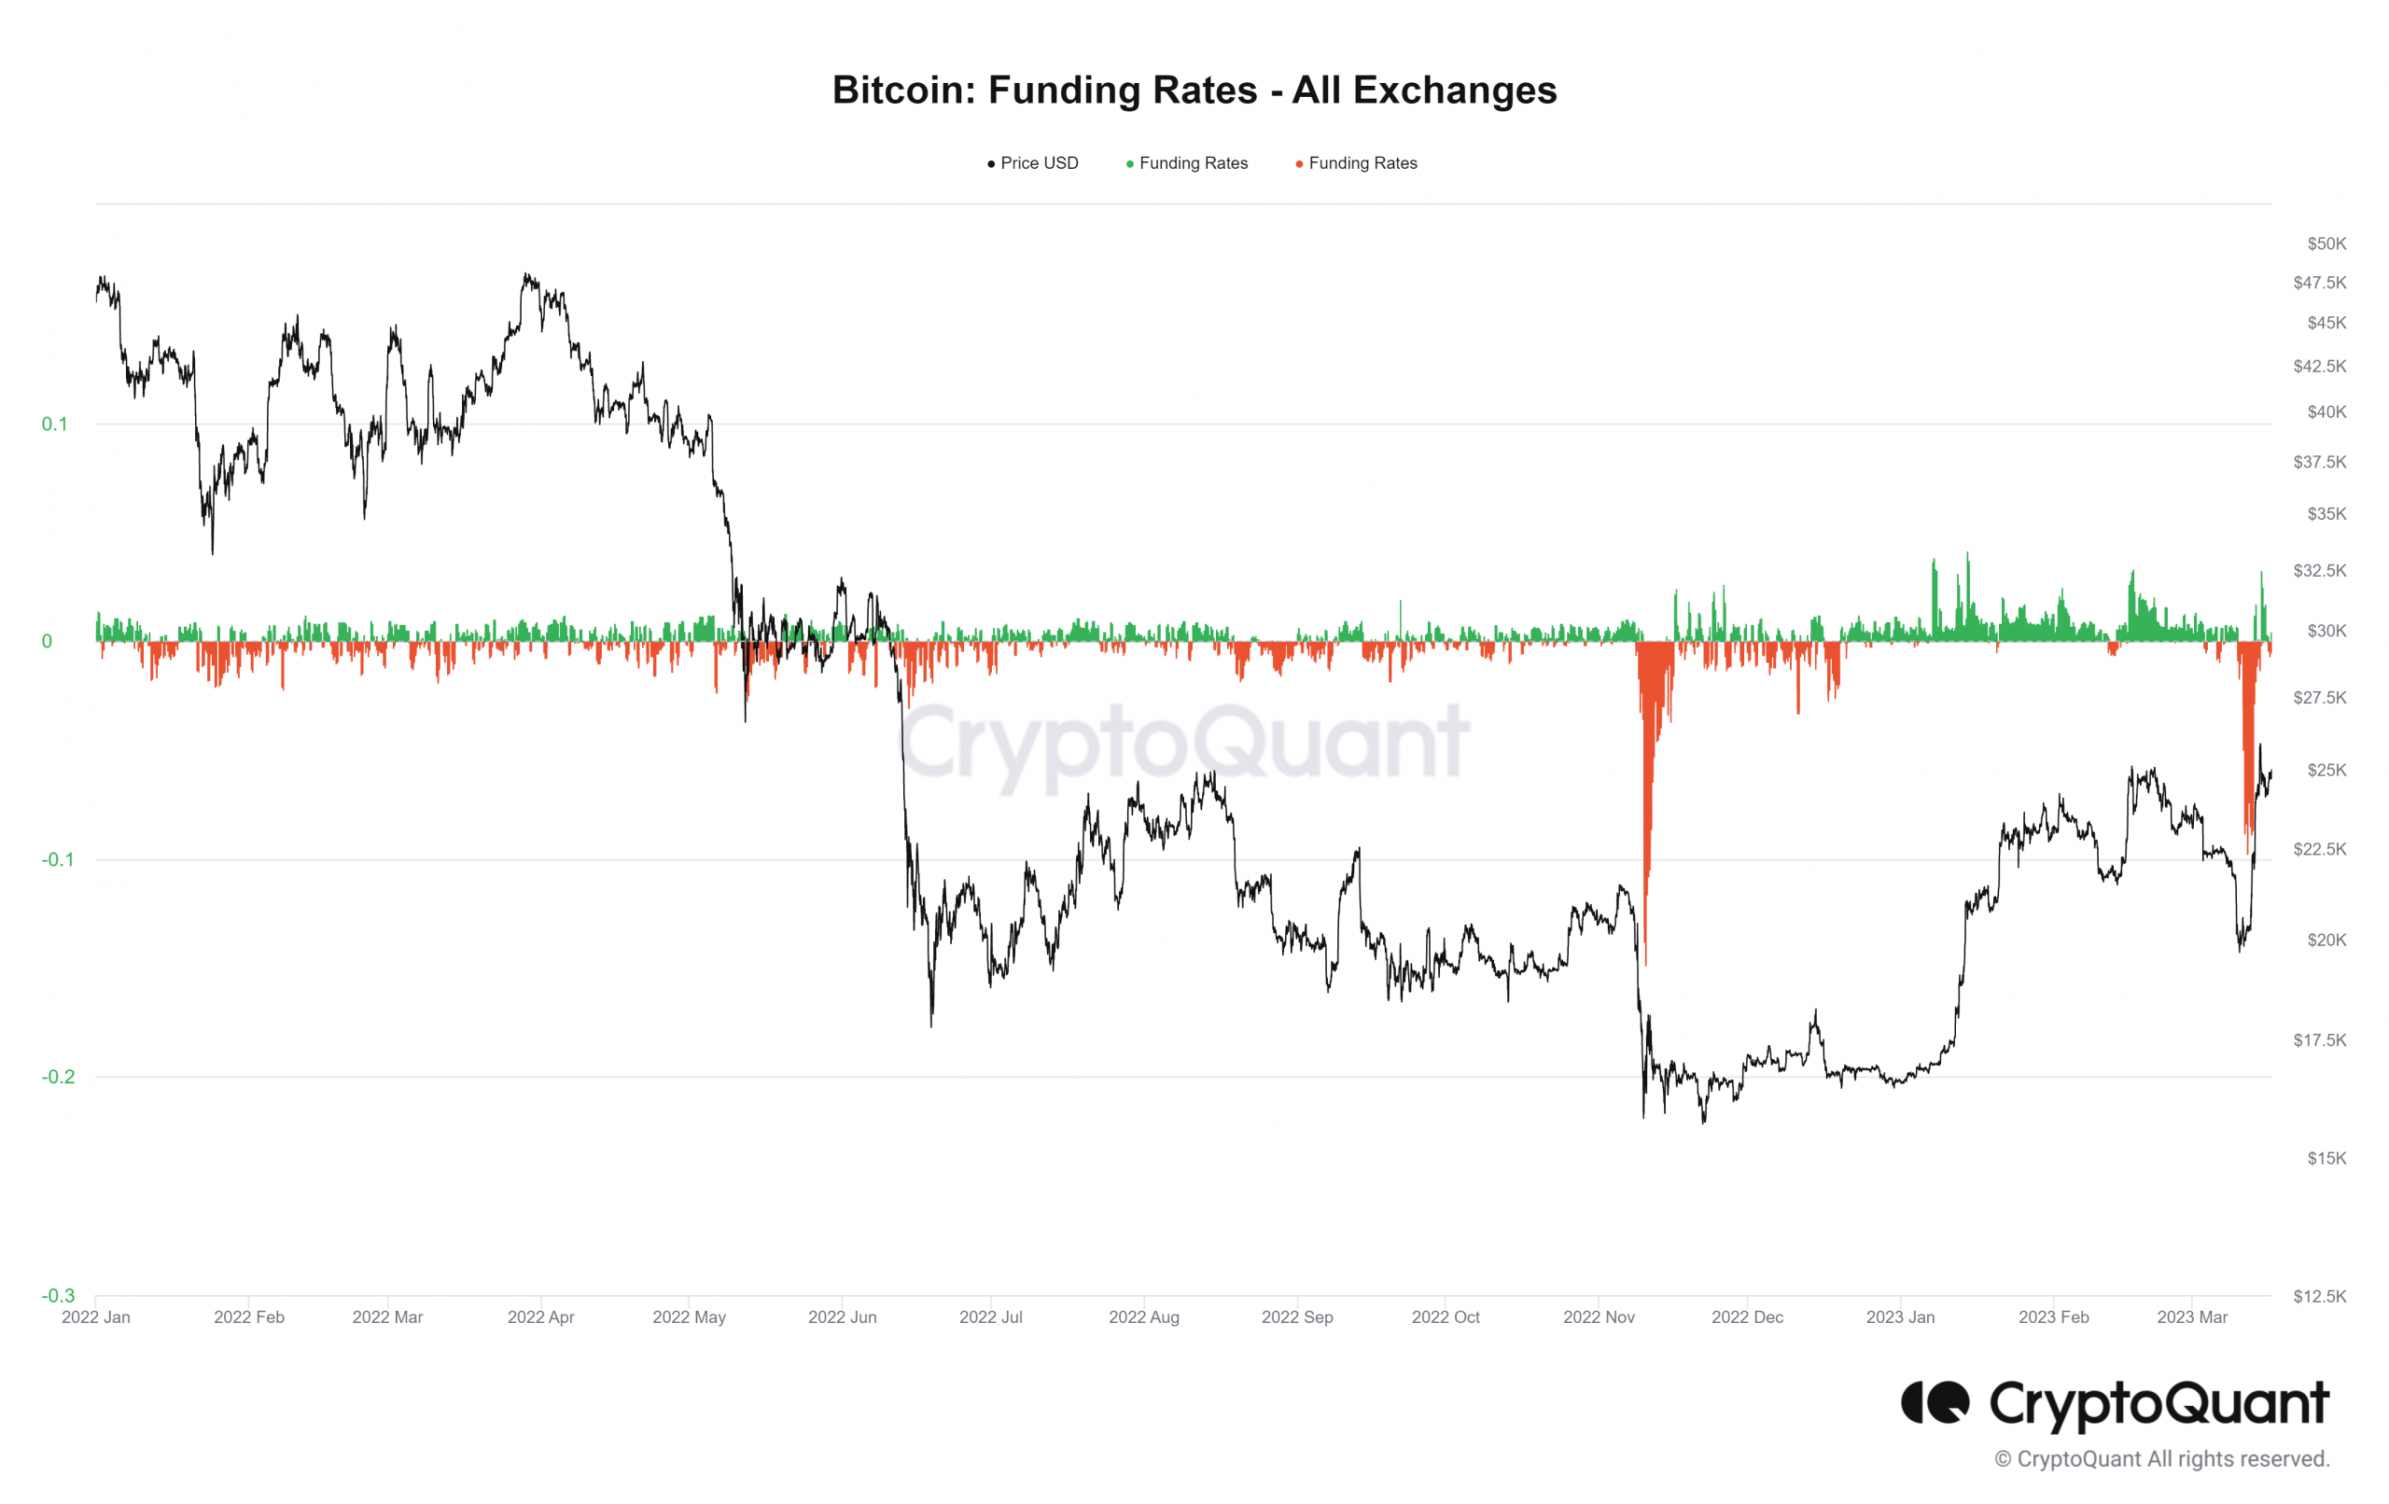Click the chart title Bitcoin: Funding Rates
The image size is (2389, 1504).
[1194, 91]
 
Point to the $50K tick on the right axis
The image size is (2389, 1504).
[2326, 244]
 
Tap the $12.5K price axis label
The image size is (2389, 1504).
[2320, 1296]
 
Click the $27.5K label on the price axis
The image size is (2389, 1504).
[2320, 698]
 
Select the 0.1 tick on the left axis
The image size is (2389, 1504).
[54, 424]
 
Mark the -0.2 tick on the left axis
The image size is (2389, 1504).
[58, 1077]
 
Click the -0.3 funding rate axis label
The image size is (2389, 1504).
[58, 1295]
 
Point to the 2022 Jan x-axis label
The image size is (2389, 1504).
[95, 1316]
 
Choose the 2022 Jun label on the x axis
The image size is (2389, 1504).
[842, 1316]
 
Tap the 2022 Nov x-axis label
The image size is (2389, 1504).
[1599, 1316]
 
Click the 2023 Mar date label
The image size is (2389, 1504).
[2191, 1316]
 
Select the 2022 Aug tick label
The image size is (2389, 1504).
[1143, 1316]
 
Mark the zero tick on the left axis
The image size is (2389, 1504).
[47, 641]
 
